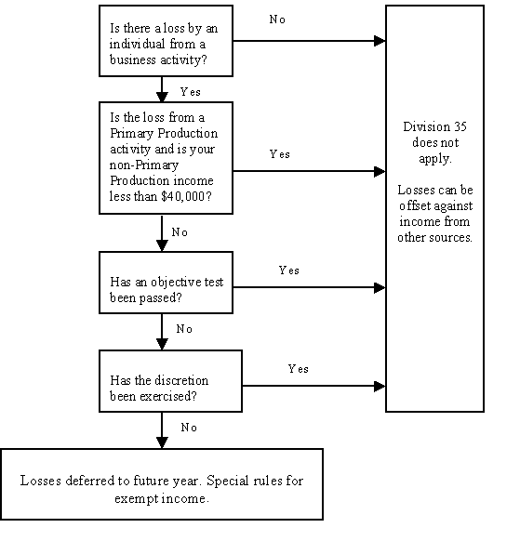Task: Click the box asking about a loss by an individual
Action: [166, 41]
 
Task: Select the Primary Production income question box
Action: [166, 158]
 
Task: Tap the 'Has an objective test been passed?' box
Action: [166, 283]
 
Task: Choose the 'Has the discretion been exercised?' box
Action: [170, 381]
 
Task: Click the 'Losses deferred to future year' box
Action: [162, 484]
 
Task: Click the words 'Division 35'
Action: [434, 126]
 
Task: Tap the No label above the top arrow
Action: [277, 20]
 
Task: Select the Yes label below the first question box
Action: [191, 92]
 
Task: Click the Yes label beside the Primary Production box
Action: [280, 154]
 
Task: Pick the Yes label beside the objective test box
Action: [289, 270]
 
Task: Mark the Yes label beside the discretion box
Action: [299, 369]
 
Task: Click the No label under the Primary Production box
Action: [180, 232]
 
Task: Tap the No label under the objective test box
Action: [184, 329]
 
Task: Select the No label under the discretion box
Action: [189, 428]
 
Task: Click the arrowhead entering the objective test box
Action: [162, 245]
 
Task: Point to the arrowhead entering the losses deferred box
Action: [162, 442]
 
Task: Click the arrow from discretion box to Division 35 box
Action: [313, 386]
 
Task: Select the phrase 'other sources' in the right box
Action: [434, 237]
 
